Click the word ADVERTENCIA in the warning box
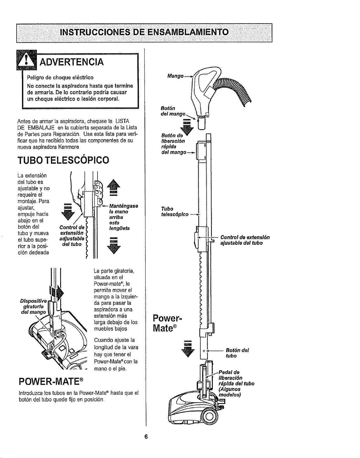pyautogui.click(x=72, y=62)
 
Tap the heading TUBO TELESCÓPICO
pyautogui.click(x=63, y=160)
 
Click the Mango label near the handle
pyautogui.click(x=175, y=76)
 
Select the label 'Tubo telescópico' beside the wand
pyautogui.click(x=175, y=212)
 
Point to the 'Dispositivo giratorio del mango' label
pyautogui.click(x=33, y=307)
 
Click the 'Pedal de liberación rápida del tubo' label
pyautogui.click(x=237, y=383)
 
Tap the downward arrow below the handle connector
pyautogui.click(x=187, y=127)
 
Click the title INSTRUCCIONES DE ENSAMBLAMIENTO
pyautogui.click(x=144, y=32)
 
